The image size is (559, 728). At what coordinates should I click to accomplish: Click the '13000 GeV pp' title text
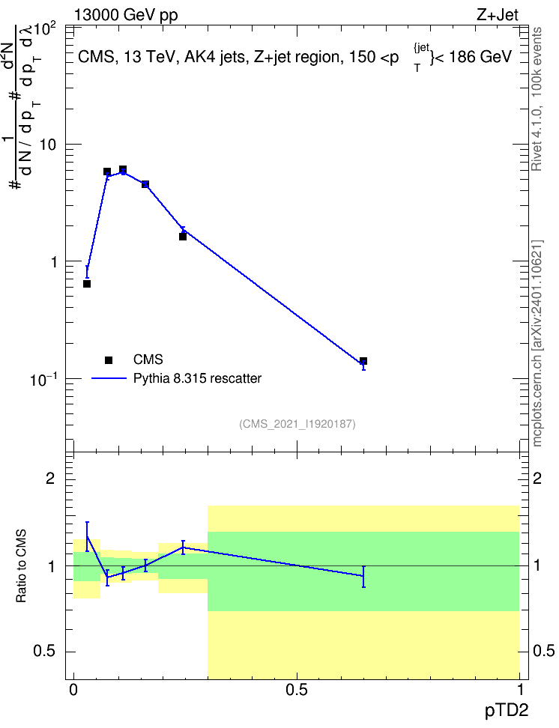coord(126,15)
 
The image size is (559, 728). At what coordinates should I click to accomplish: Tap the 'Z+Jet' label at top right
coord(498,15)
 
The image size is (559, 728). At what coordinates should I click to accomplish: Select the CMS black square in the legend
coord(109,360)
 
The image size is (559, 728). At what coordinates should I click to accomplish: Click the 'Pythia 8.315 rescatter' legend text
coord(198,378)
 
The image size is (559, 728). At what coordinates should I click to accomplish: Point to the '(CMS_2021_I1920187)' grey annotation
coord(297,424)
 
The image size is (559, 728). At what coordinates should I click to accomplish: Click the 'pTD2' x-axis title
coord(507,710)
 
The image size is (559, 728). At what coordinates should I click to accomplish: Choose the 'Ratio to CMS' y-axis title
coord(21,566)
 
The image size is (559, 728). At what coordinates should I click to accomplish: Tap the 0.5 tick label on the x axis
coord(297,690)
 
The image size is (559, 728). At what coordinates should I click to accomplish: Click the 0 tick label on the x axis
coord(73,690)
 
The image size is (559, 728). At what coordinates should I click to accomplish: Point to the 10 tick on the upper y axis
coord(48,145)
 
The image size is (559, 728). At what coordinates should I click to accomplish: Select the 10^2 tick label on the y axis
coord(44,30)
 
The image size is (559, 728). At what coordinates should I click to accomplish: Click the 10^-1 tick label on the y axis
coord(43,380)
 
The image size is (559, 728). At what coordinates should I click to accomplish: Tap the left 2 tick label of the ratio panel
coord(50,478)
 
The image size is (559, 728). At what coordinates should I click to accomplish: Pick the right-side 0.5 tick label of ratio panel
coord(543,651)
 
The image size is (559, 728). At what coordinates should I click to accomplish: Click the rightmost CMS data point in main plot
coord(363,361)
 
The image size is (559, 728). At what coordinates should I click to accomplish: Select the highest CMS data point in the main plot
coord(123,169)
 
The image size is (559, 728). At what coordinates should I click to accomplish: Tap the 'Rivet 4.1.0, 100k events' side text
coord(537,99)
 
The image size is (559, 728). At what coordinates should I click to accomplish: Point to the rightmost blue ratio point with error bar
coord(363,576)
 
